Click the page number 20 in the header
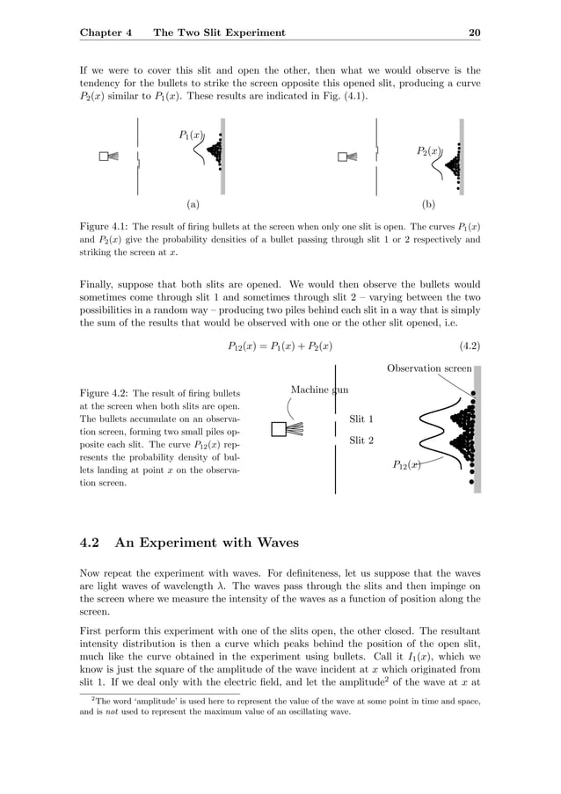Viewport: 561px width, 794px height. (474, 33)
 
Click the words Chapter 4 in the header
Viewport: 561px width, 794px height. (106, 33)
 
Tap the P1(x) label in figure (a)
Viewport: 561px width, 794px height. (191, 135)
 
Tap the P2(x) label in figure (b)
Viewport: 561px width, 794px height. (428, 151)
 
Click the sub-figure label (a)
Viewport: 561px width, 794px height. (192, 204)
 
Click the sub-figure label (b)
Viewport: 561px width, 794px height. (429, 204)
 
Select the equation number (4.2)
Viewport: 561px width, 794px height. (464, 346)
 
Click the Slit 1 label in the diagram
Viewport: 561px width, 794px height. (361, 419)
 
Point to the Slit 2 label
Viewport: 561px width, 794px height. (361, 440)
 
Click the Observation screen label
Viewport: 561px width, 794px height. (429, 368)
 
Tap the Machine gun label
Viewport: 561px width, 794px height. (319, 390)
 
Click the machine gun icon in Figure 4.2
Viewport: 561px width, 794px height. (288, 429)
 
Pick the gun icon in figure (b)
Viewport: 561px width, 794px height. (347, 157)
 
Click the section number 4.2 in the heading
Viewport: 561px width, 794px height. (91, 543)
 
